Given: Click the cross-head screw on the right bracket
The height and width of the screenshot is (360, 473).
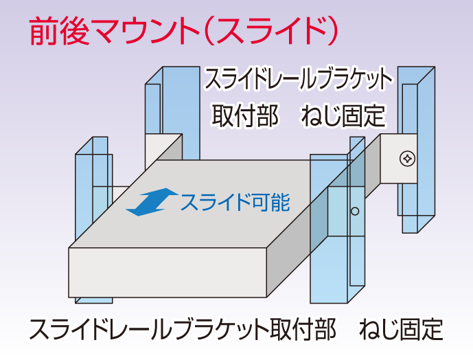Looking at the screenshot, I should [407, 159].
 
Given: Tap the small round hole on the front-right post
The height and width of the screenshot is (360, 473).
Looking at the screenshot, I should [355, 211].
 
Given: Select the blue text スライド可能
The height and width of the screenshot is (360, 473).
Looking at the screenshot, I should [234, 202].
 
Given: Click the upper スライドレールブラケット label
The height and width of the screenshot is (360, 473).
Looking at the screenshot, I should [298, 79].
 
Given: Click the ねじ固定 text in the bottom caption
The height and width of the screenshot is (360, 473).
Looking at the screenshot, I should [402, 330].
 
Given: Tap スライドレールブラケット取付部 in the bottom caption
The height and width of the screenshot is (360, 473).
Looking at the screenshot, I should [183, 330].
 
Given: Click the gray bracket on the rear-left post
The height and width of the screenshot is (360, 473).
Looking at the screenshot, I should [163, 147].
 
